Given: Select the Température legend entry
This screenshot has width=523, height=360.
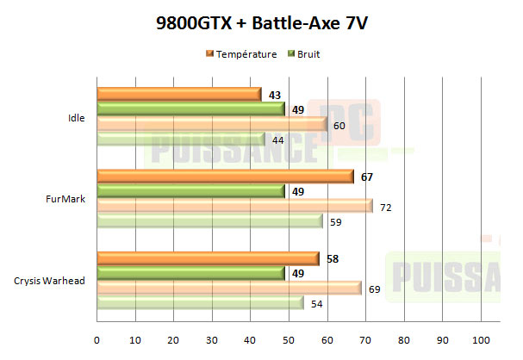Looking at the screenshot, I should click(x=241, y=54).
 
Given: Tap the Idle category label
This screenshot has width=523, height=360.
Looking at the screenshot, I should click(x=77, y=118).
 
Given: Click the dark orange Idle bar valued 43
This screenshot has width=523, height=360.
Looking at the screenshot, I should click(x=179, y=94).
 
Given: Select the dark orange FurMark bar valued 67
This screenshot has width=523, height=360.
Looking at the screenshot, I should click(x=226, y=176).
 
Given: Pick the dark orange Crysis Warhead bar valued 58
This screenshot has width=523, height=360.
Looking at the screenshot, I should click(x=208, y=258).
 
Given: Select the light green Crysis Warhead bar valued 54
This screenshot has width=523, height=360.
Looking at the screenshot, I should click(x=200, y=303).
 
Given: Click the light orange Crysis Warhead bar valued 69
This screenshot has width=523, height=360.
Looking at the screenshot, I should click(x=229, y=288).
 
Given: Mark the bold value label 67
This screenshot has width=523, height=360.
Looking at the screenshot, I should click(x=366, y=177).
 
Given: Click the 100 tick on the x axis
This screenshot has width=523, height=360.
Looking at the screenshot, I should click(x=481, y=338).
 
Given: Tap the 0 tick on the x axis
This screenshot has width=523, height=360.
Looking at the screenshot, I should click(x=97, y=338).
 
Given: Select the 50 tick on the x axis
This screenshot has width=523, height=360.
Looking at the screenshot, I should click(x=289, y=338).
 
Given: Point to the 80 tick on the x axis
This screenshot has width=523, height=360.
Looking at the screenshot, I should click(x=403, y=338).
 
